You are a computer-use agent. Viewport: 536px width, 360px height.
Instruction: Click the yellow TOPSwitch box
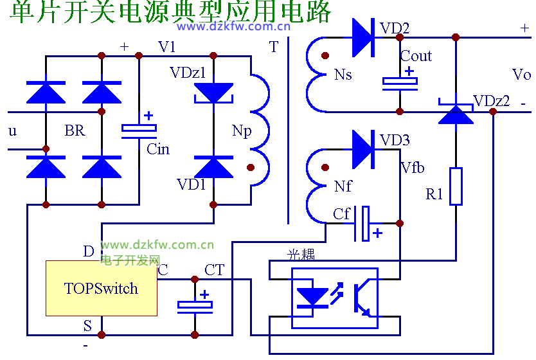click(x=102, y=288)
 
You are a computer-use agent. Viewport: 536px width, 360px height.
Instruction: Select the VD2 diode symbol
click(x=363, y=37)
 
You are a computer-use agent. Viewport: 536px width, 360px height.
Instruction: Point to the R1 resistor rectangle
click(x=456, y=186)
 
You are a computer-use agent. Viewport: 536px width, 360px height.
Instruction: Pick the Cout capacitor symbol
click(x=400, y=81)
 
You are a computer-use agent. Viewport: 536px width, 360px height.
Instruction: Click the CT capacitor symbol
click(x=194, y=306)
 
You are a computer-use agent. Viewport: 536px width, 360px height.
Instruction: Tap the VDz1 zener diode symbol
click(x=213, y=94)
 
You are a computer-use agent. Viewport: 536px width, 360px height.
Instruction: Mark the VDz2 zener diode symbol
click(x=456, y=113)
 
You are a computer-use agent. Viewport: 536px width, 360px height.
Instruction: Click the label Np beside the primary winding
click(x=241, y=131)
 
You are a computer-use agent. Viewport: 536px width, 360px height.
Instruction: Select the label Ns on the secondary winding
click(x=343, y=75)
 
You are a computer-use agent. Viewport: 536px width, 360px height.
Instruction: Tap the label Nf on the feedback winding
click(x=343, y=187)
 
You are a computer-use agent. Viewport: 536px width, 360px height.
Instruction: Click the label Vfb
click(x=413, y=168)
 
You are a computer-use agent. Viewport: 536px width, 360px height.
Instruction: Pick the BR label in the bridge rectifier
click(x=75, y=131)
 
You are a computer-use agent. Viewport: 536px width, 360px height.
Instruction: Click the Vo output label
click(x=521, y=75)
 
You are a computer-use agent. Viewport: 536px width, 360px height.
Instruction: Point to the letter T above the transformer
click(x=274, y=47)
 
